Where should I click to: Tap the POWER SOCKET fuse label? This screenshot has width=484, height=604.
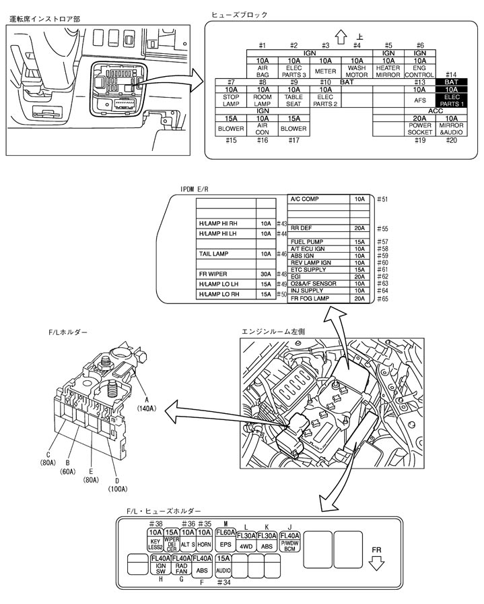tap(420, 129)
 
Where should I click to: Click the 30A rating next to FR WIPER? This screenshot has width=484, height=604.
tap(266, 274)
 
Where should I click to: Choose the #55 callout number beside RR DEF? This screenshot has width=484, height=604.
tap(382, 229)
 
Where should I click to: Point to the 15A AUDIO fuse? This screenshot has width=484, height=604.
tap(224, 564)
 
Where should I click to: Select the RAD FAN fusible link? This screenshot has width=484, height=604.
tap(182, 564)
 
